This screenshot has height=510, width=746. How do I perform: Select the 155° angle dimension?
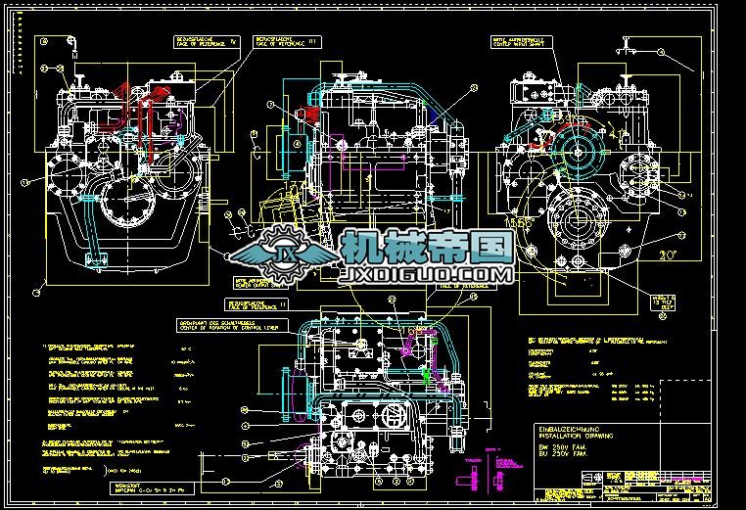pos(520,223)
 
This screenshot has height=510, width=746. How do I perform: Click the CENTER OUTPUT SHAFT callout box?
pos(256,283)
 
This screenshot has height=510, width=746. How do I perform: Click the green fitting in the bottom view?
pos(428,373)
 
